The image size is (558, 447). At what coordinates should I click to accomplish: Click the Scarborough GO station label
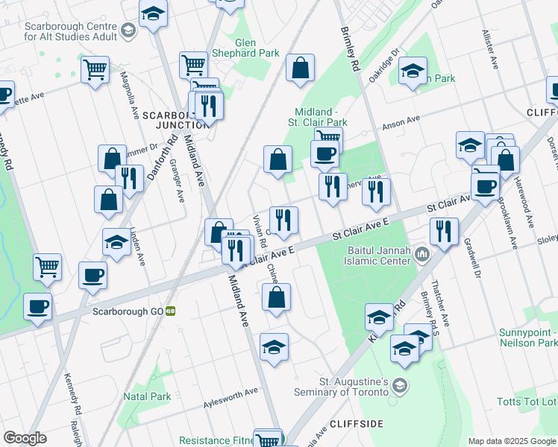click(x=126, y=311)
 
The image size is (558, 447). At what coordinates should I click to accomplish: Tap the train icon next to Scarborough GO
click(x=171, y=311)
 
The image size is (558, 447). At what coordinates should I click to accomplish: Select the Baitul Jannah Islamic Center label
click(x=377, y=256)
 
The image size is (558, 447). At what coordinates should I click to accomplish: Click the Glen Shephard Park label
click(x=245, y=48)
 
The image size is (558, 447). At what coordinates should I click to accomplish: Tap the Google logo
click(x=25, y=438)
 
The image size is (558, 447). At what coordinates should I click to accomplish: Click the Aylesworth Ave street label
click(x=231, y=398)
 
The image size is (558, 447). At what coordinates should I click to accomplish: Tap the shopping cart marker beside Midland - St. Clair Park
click(x=328, y=138)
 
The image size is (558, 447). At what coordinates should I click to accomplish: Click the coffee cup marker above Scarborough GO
click(x=93, y=275)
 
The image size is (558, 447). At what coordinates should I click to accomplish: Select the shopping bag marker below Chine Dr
click(x=276, y=297)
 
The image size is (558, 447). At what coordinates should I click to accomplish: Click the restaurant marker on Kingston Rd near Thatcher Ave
click(x=444, y=232)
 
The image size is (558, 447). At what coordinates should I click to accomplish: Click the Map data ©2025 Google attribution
click(x=511, y=441)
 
